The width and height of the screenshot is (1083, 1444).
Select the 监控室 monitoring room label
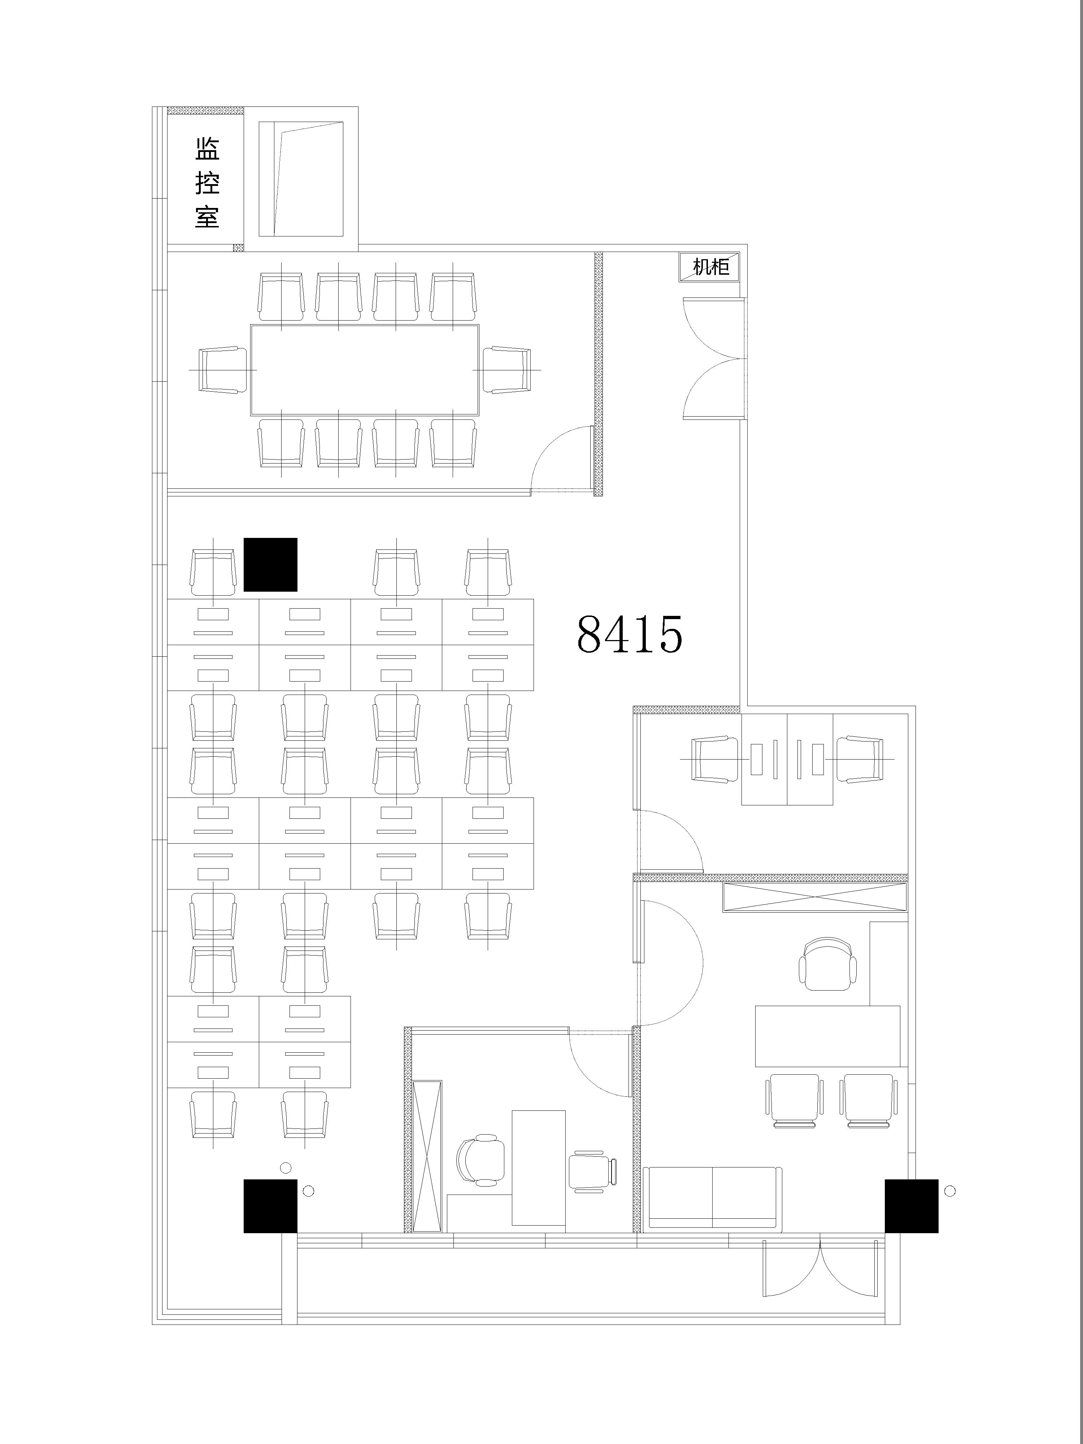click(207, 183)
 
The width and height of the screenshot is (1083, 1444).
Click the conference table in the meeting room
click(365, 370)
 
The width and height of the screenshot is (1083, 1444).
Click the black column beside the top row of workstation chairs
click(270, 565)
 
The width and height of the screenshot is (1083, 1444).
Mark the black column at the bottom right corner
click(911, 1206)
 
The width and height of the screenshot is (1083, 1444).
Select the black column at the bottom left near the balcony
click(270, 1206)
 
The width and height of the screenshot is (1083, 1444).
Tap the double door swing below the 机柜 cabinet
click(713, 358)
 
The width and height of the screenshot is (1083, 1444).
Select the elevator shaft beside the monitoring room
click(301, 179)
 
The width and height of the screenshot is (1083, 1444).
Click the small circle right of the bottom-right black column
click(950, 1191)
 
